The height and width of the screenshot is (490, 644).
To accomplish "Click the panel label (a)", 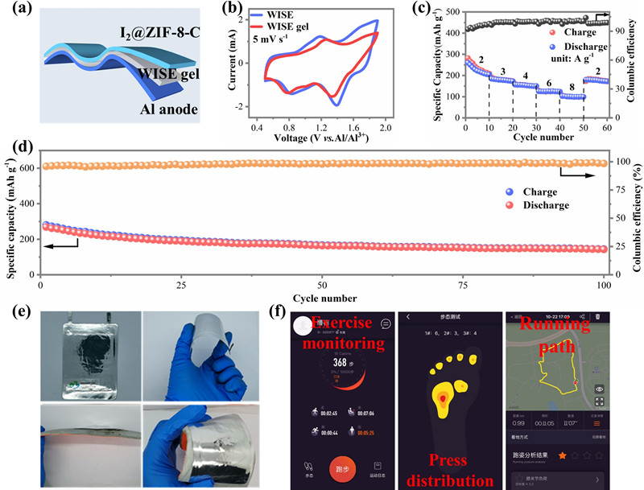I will [19, 10].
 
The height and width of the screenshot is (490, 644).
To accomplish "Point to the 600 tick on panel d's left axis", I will [27, 167].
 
